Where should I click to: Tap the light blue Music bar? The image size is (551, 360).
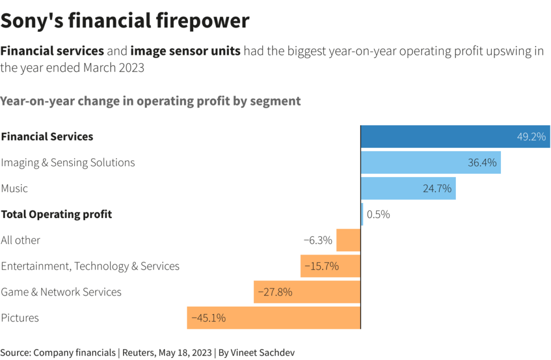pos(398,188)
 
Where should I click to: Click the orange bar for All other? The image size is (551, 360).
pos(348,240)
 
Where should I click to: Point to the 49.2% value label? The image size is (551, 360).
pos(531,137)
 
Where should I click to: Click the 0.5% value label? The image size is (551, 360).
pos(378,214)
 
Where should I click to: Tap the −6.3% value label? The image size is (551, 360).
pos(318,240)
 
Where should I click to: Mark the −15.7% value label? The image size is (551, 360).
pos(321,266)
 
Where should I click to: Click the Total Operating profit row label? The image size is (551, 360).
pos(56,214)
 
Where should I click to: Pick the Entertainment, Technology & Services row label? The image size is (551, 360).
pos(90,266)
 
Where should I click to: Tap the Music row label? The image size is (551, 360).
pos(15,188)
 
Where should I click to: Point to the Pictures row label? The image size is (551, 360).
pos(20,317)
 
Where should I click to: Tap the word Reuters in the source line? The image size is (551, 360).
pos(139,352)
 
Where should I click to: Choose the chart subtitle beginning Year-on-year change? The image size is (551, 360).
pos(151,101)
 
